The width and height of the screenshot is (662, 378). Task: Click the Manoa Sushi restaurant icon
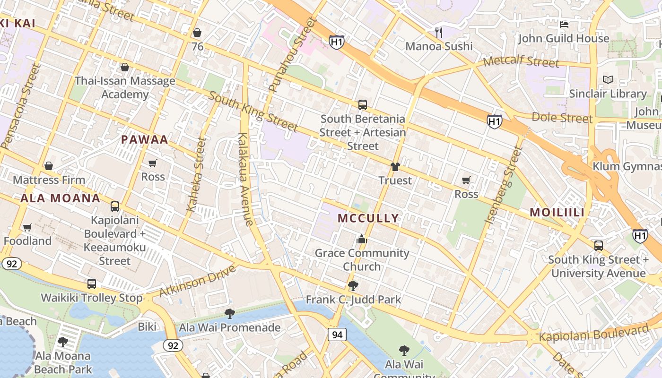click(439, 32)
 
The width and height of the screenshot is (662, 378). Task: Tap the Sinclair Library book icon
click(608, 80)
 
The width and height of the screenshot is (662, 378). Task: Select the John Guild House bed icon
click(564, 24)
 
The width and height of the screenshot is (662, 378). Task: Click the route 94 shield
click(337, 335)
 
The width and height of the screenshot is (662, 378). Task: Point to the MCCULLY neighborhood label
click(368, 218)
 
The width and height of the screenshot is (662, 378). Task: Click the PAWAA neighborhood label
click(145, 140)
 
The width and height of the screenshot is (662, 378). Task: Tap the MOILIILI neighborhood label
click(557, 213)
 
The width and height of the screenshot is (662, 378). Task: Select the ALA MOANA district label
click(60, 198)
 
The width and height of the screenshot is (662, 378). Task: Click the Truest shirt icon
click(395, 167)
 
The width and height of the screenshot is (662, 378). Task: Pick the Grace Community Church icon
click(362, 239)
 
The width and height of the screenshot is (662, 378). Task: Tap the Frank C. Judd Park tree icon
click(353, 285)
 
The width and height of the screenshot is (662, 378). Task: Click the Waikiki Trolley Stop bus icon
click(92, 284)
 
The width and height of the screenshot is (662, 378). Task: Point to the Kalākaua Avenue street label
click(245, 180)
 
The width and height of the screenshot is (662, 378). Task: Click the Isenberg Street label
click(504, 185)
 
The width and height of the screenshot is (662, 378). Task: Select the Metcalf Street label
click(521, 61)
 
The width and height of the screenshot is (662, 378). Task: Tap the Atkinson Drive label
click(197, 281)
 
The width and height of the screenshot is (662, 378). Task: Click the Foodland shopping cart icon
click(27, 228)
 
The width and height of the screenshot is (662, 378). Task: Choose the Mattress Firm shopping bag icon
click(48, 166)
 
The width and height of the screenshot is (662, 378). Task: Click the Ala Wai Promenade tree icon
click(229, 314)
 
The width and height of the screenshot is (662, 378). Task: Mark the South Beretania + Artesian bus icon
click(363, 105)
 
